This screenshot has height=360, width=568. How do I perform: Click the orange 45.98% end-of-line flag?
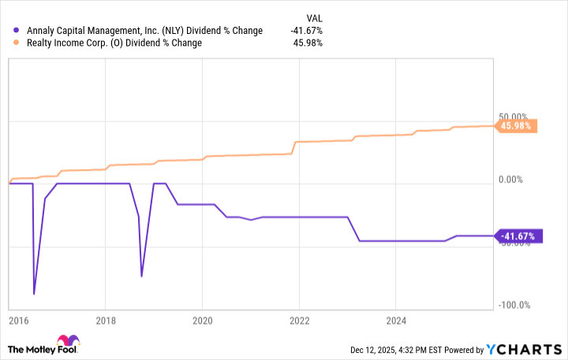516,126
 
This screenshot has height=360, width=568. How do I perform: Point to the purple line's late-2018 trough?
142,276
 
